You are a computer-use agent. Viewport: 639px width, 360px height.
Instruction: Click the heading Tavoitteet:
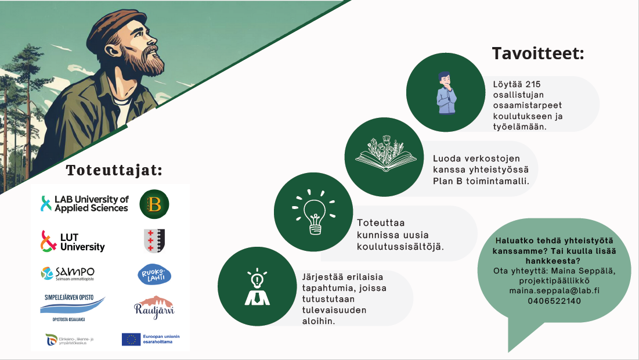538,54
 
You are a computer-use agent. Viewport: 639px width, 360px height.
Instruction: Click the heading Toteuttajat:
114,171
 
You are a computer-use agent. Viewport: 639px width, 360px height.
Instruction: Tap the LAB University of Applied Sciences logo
85,204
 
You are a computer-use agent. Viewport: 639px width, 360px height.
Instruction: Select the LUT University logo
73,242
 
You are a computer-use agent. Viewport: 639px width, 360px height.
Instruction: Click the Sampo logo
68,273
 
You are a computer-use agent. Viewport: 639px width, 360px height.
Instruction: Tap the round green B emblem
154,204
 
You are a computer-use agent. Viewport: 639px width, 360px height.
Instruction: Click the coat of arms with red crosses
154,240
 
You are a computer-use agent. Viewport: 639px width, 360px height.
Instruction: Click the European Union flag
131,339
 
